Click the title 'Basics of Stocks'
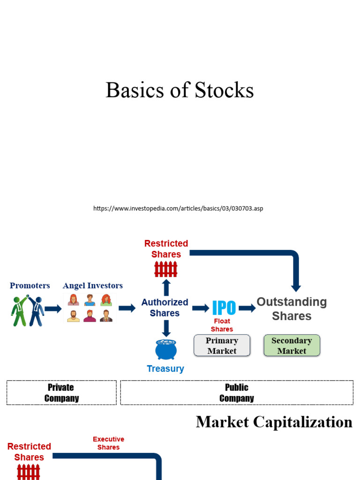tap(180, 90)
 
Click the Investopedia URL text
tap(178, 208)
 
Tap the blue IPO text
tap(224, 308)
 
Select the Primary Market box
tap(222, 345)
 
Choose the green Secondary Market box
tap(292, 345)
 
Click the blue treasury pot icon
tap(166, 350)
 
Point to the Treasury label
tap(165, 368)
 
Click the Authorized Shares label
tap(165, 307)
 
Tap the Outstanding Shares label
tap(292, 308)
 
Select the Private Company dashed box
tap(61, 392)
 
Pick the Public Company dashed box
tap(237, 392)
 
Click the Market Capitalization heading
tap(274, 422)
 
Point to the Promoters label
tap(30, 285)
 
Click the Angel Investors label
tap(93, 285)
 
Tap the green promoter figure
tap(19, 310)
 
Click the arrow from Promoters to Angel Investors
tap(53, 308)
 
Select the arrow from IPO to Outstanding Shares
tap(247, 308)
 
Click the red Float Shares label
tap(222, 325)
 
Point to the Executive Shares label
tap(108, 443)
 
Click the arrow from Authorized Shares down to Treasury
tap(166, 328)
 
